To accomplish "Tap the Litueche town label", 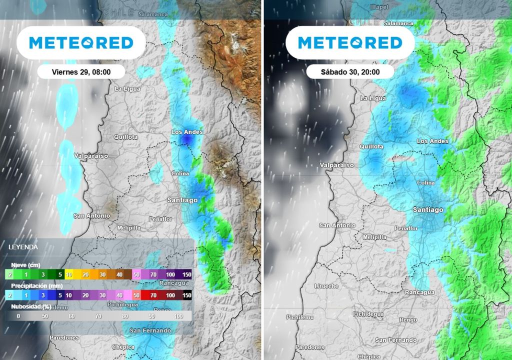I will [x=326, y=286].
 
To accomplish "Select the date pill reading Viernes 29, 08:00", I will [x=81, y=72].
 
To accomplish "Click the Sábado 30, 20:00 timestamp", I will [x=350, y=72].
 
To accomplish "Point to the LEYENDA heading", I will [x=23, y=246].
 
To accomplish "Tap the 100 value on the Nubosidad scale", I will [x=178, y=316].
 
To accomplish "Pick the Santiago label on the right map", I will [x=427, y=210].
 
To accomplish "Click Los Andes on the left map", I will [x=186, y=132].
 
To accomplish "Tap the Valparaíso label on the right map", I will [x=336, y=165].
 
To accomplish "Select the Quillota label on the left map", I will [x=125, y=136].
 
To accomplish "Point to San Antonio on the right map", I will [x=337, y=225].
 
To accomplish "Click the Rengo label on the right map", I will [x=408, y=320].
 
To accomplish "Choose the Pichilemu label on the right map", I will [x=301, y=317].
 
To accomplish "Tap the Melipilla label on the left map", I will [x=128, y=227].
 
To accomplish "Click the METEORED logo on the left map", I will [x=81, y=43].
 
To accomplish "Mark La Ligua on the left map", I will [x=127, y=89].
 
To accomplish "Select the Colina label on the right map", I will [x=425, y=183].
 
